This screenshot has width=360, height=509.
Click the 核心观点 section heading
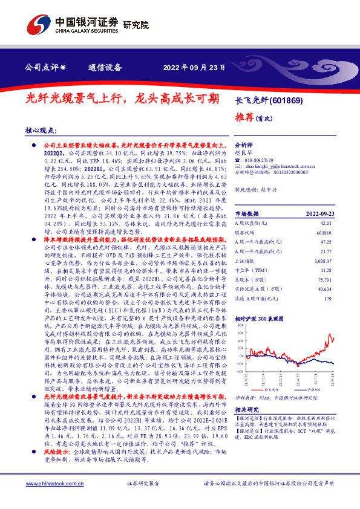coord(41,130)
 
